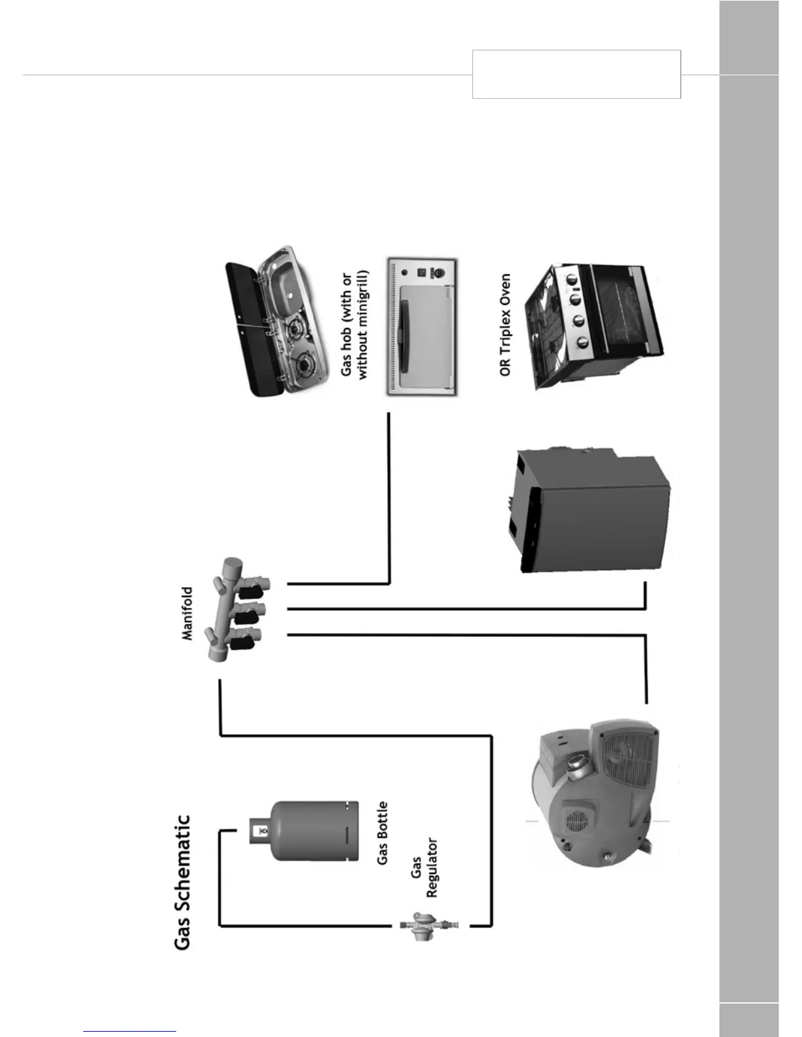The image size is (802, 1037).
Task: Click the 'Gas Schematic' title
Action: [183, 881]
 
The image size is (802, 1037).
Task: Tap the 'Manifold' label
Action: [187, 613]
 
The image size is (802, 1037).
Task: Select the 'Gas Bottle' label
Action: [383, 833]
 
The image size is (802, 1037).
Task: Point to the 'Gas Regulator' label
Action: [424, 867]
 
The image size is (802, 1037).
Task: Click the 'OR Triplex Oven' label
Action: [505, 325]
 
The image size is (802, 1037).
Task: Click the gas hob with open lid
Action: [278, 325]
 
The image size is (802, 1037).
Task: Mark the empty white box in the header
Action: [576, 74]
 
